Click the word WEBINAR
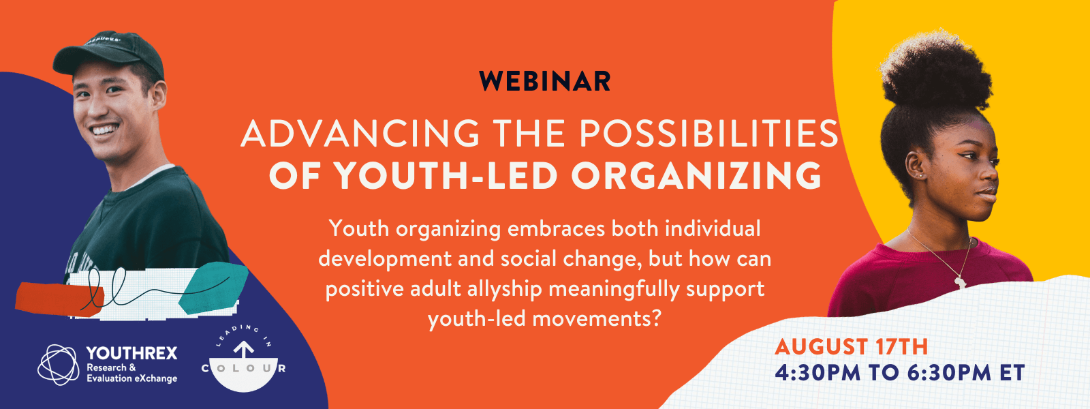click(x=545, y=81)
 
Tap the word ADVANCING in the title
click(x=360, y=134)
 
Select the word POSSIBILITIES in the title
click(x=709, y=134)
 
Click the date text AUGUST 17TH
click(x=852, y=347)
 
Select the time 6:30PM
click(x=950, y=373)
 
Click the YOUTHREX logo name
click(x=132, y=353)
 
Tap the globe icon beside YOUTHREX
click(x=59, y=365)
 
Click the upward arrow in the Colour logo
click(x=244, y=350)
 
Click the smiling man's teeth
click(x=105, y=130)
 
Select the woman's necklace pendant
click(x=961, y=282)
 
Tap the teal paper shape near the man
click(x=213, y=287)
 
